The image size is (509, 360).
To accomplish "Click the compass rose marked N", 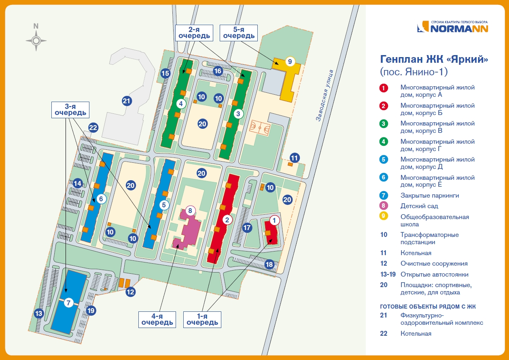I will tap(36, 40).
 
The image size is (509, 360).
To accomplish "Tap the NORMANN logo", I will tap(453, 27).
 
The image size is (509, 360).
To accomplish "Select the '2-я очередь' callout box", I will tap(194, 32).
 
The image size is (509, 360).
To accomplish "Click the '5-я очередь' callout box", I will tap(238, 32).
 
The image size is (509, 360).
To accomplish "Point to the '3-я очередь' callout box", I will tap(70, 109).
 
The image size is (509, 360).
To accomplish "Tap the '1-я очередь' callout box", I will tap(202, 319).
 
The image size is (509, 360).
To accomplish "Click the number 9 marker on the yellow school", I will tap(289, 62).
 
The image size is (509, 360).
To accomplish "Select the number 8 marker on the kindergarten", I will tap(190, 211).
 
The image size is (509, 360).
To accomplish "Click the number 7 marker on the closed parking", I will tap(68, 302).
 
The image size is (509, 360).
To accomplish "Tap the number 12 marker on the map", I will tap(130, 292).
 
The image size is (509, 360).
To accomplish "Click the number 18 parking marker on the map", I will tap(269, 264).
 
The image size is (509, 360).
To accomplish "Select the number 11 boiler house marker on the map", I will tap(295, 158).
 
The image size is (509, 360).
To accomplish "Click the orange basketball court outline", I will tap(259, 128).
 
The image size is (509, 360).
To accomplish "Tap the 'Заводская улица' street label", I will tap(325, 96).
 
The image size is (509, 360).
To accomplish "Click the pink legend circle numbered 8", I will tap(384, 206).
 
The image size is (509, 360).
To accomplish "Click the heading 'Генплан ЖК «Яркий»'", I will tap(434, 60).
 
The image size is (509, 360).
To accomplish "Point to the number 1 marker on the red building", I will tap(274, 220).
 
